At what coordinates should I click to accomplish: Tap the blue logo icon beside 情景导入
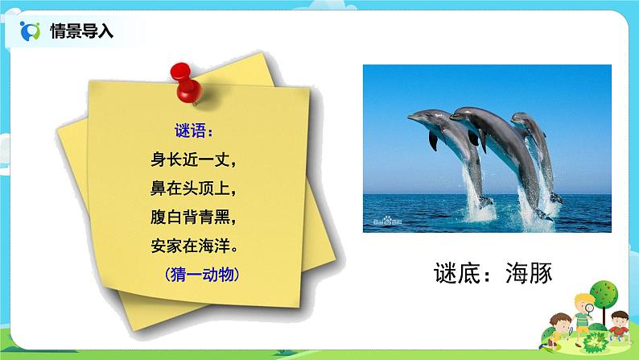[x=29, y=31]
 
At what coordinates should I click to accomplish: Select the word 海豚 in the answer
[x=526, y=275]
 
